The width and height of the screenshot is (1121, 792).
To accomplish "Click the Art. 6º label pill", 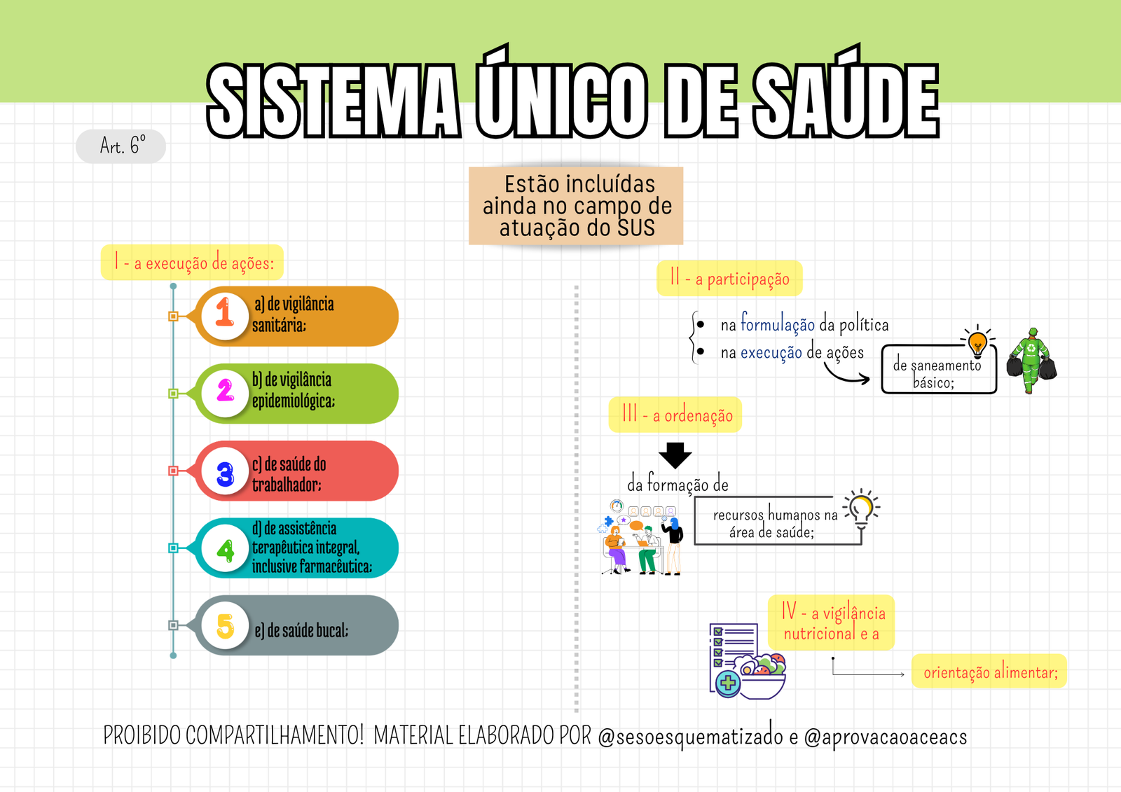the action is (x=121, y=146).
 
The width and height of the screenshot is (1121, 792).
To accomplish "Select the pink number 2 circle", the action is (x=225, y=393).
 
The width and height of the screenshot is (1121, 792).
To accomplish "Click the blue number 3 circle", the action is (x=225, y=471).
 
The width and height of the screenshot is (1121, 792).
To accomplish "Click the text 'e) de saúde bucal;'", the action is (x=301, y=630).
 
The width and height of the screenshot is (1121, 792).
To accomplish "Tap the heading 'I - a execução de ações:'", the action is (x=192, y=263).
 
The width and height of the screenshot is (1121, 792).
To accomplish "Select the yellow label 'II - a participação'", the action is (x=729, y=278).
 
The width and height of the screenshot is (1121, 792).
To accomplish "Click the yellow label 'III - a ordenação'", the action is (x=675, y=415).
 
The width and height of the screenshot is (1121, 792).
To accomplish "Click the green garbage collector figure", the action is (x=1031, y=361).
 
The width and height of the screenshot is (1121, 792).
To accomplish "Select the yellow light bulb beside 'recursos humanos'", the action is (x=862, y=508).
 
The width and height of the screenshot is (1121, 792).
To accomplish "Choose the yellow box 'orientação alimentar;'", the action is (x=989, y=672).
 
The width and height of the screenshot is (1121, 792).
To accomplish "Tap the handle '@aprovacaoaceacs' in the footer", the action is (x=886, y=737).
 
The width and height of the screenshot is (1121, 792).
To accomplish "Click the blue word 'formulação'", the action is (x=778, y=324).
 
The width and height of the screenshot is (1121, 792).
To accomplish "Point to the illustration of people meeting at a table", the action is (x=642, y=537).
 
